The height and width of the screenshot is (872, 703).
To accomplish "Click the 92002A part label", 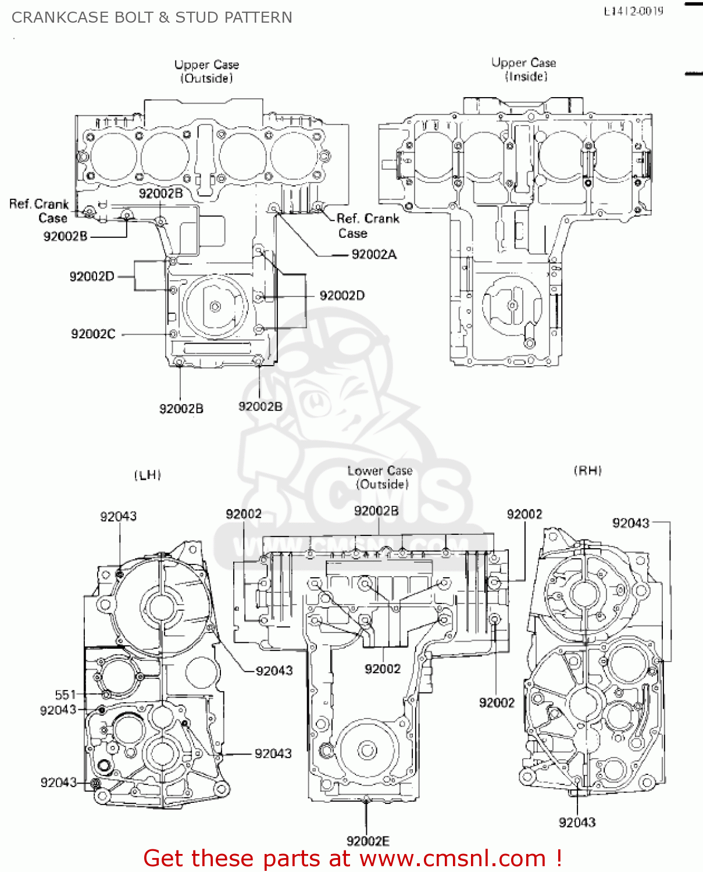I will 374,254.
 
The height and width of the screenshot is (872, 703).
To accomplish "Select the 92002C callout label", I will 93,334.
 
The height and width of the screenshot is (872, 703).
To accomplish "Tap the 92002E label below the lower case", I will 367,841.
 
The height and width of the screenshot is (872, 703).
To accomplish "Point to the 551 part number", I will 65,695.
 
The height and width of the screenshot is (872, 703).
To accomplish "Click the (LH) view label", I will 148,475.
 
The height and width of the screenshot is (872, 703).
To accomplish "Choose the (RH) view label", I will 588,470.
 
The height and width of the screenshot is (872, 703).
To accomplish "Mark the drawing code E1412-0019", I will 633,11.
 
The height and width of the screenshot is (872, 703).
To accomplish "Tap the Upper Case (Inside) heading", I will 524,69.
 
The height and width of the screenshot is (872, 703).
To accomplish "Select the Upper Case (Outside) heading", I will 206,71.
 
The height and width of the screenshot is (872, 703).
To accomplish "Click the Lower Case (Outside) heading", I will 380,477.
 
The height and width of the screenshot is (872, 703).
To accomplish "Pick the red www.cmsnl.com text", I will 452,858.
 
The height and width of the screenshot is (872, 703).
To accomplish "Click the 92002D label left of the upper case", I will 92,276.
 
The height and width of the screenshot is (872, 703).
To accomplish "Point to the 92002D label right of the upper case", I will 342,295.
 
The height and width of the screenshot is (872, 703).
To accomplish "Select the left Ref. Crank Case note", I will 39,211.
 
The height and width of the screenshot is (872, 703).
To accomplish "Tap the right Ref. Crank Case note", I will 367,226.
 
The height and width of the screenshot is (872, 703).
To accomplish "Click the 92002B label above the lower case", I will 376,510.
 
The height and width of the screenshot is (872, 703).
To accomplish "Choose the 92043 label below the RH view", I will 577,822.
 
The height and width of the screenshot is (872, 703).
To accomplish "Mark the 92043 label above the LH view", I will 118,516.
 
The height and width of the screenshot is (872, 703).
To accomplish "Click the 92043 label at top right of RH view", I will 630,523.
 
